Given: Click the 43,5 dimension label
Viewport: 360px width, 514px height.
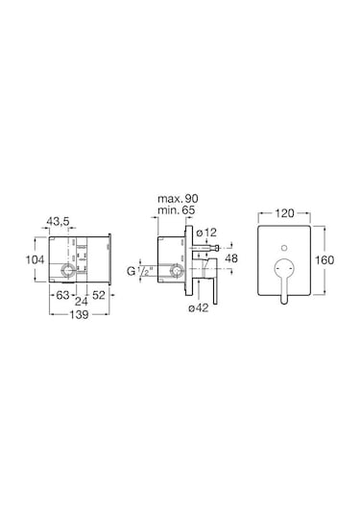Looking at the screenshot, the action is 58,222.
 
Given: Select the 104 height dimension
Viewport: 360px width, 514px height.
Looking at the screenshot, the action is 35,260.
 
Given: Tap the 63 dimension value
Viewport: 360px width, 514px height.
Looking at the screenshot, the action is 62,295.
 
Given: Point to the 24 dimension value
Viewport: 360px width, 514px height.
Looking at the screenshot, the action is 82,301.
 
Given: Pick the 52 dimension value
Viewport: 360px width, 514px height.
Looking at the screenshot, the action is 99,295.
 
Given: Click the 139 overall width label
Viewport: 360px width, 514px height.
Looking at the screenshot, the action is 80,315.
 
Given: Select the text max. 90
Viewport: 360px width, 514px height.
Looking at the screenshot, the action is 178,198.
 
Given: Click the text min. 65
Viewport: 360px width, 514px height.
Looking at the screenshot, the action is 177,209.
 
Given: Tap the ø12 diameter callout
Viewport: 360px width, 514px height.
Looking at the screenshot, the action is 206,233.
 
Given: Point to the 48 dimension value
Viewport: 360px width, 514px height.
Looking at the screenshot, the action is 231,258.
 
